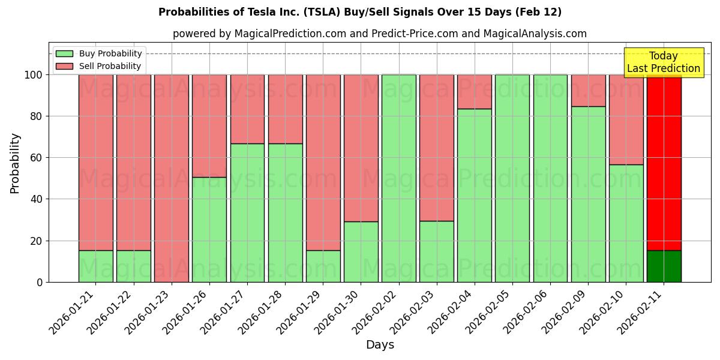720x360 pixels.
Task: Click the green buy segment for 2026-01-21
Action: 95,266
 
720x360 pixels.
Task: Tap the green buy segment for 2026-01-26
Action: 209,229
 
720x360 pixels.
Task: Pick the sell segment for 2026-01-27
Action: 247,109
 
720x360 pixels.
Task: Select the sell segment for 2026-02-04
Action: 475,92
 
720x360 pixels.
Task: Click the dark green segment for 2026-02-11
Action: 664,266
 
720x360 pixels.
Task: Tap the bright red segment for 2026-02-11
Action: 664,162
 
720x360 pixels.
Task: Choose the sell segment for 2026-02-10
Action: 626,119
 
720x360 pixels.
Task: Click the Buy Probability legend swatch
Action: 64,53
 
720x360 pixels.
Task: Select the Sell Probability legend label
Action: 110,66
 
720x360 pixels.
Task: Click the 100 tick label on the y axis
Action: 33,75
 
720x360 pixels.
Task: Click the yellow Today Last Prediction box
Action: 663,62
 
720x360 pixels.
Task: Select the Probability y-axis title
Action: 15,163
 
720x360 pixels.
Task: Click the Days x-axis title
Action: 380,345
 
